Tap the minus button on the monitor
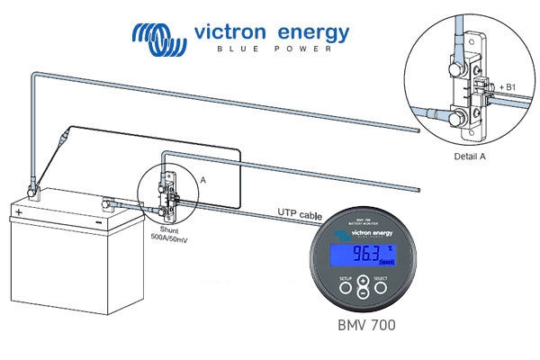tap(362, 292)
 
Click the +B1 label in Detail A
tap(507, 85)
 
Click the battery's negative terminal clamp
tap(109, 205)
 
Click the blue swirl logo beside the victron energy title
tap(160, 35)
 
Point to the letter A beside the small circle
tap(202, 180)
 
